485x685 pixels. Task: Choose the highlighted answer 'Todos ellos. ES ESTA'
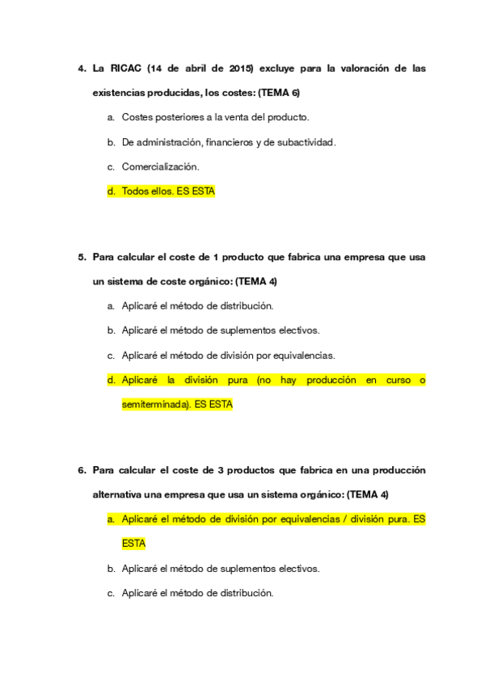(168, 191)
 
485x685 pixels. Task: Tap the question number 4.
(82, 69)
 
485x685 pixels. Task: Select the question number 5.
(82, 258)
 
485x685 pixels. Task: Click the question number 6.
(82, 470)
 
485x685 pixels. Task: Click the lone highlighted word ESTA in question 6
(133, 544)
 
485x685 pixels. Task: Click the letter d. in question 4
(112, 191)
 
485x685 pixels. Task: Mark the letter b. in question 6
(112, 569)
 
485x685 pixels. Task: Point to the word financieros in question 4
(229, 142)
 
